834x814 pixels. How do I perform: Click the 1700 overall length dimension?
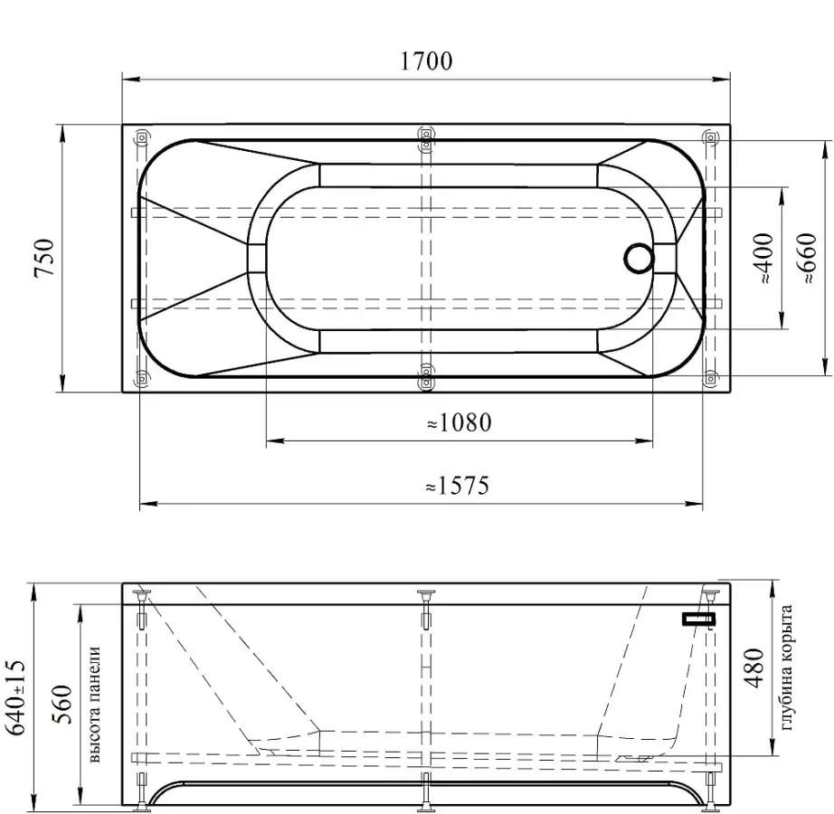coord(426,62)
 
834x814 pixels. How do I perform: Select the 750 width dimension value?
coord(44,258)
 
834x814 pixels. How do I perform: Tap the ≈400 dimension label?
coord(764,258)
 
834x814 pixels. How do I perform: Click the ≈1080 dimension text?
coord(460,422)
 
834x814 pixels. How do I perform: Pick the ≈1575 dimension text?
coord(458,486)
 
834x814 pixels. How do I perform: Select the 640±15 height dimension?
coord(15,697)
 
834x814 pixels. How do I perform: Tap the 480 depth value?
coord(754,668)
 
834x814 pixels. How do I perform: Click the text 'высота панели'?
coord(95,705)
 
